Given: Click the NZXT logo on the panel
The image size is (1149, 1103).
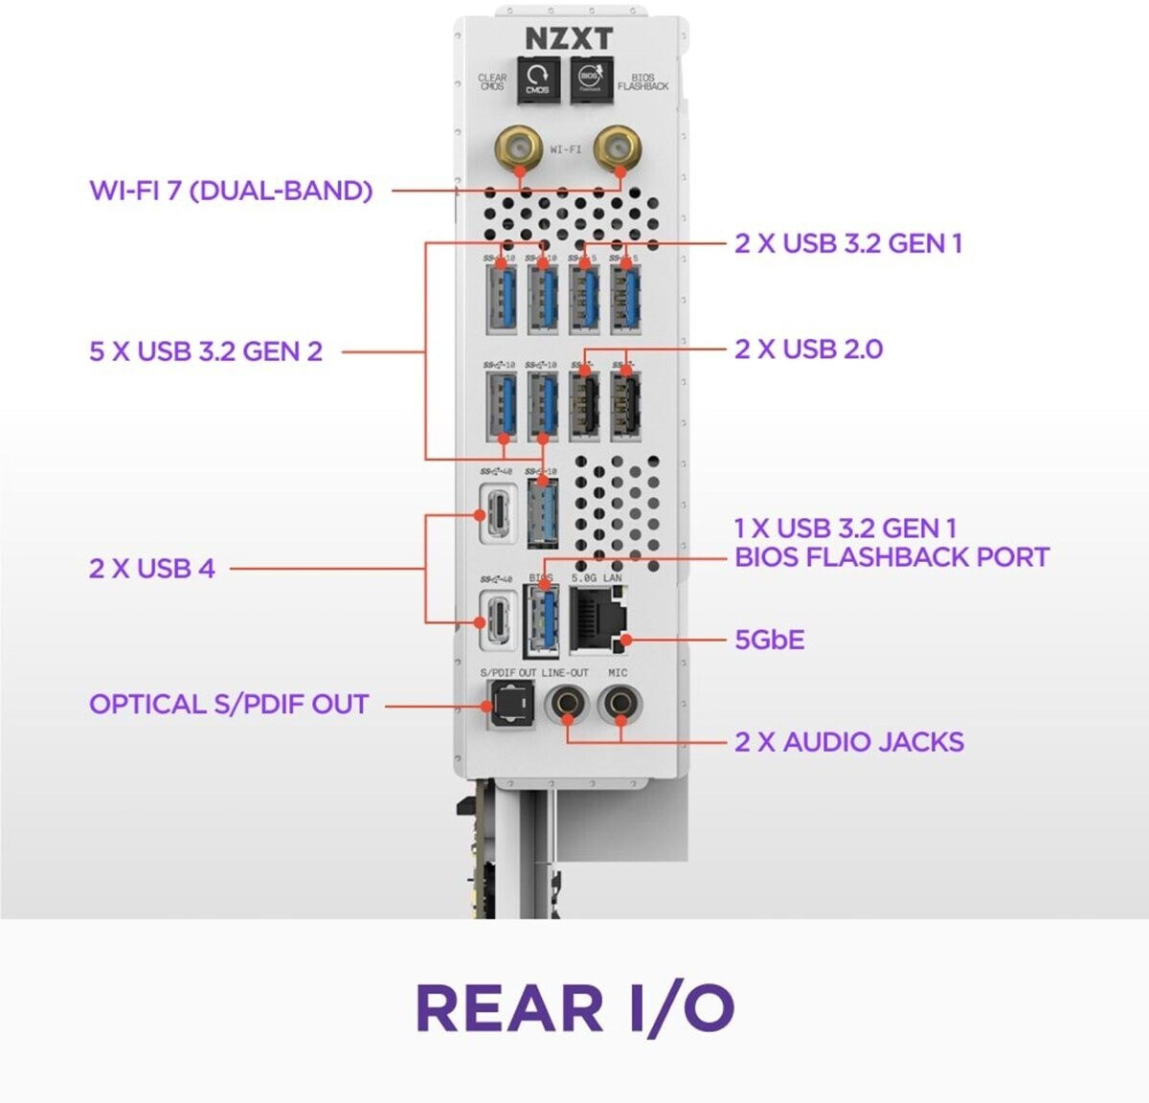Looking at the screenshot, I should point(568,38).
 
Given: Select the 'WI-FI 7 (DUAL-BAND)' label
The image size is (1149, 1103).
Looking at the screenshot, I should point(231,190).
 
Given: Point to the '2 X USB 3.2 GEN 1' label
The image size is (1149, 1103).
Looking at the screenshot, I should point(848,243).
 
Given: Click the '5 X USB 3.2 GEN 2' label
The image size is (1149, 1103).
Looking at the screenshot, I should point(206,351).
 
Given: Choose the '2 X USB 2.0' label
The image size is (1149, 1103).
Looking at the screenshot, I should point(808,349).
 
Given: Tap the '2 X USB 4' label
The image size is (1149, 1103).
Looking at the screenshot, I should point(152,569).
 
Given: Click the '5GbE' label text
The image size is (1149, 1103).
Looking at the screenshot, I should point(769,639).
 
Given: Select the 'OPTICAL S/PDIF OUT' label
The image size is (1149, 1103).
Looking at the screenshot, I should point(229,705).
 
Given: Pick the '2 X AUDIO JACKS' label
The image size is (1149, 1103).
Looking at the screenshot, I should point(848,742).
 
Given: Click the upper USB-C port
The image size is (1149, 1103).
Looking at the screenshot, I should point(500,513).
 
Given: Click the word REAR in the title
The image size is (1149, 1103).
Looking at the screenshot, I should point(508,1008).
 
